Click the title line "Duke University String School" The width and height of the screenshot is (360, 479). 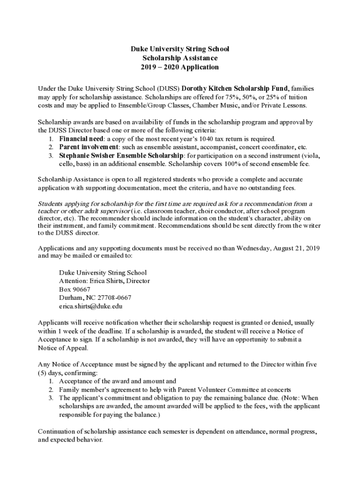tap(180, 49)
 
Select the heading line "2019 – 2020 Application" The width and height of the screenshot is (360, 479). tap(180, 67)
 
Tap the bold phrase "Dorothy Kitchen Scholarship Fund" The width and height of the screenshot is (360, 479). tap(235, 88)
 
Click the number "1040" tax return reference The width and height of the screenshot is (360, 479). tap(206, 139)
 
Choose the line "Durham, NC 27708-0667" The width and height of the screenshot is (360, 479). tap(95, 298)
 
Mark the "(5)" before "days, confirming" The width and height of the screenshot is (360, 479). tap(43, 372)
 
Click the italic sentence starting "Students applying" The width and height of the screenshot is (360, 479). tap(175, 203)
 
